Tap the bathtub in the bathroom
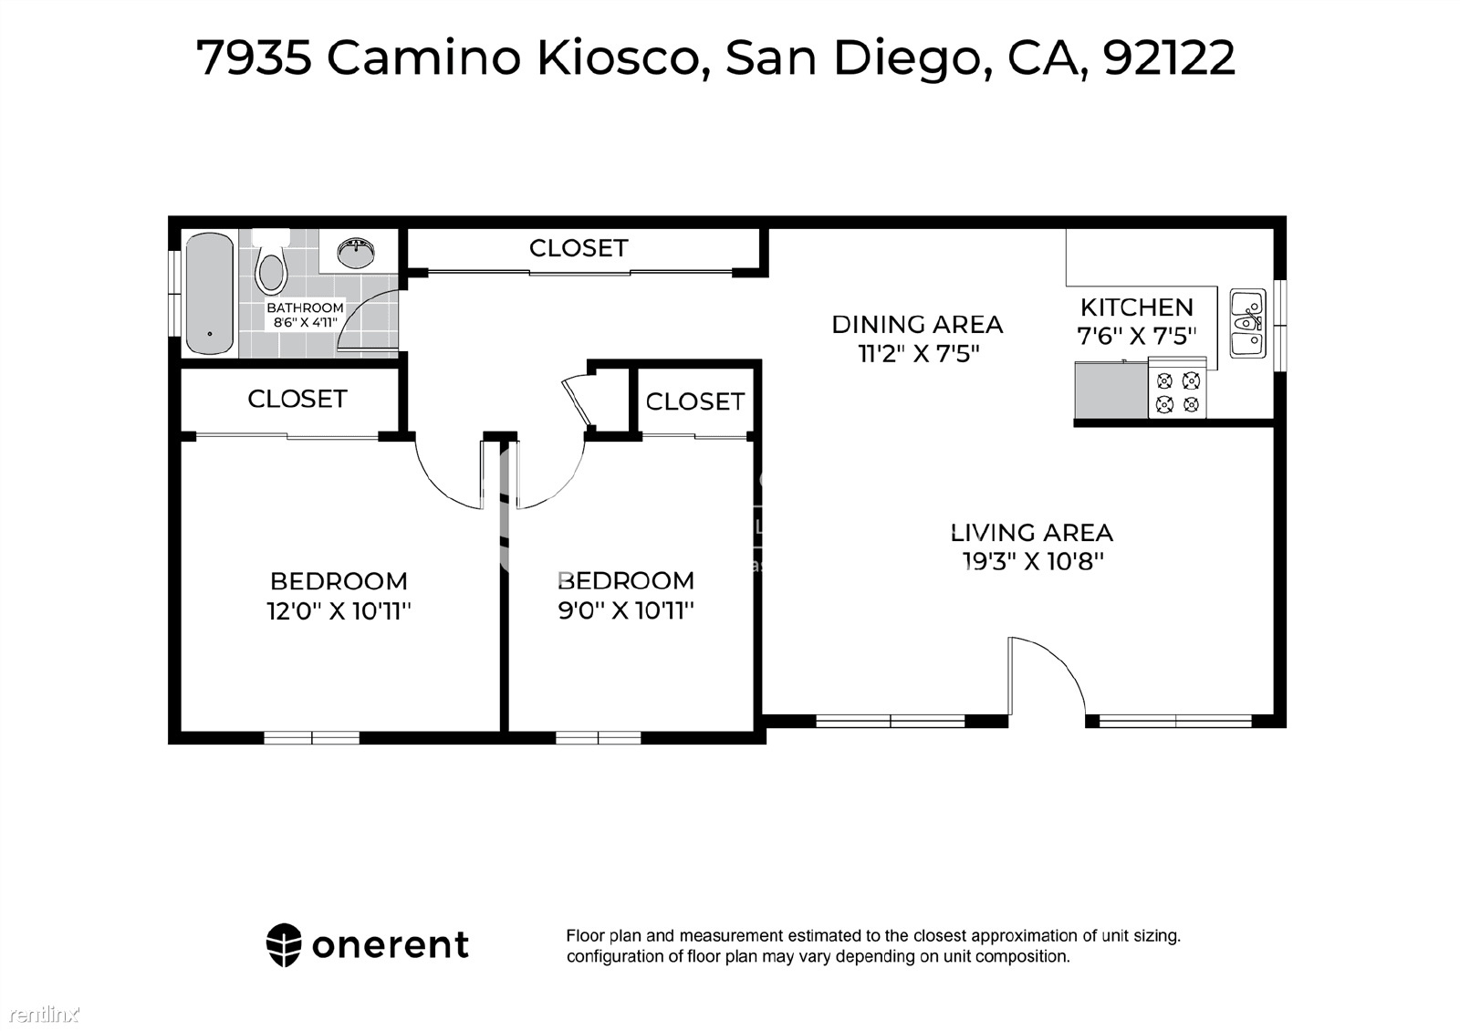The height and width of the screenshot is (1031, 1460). pyautogui.click(x=209, y=294)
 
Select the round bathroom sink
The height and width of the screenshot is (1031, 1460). pyautogui.click(x=356, y=253)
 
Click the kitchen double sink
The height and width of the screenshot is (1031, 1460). pyautogui.click(x=1247, y=324)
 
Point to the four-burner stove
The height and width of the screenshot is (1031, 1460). pyautogui.click(x=1177, y=389)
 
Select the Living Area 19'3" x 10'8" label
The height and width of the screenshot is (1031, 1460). pyautogui.click(x=1032, y=547)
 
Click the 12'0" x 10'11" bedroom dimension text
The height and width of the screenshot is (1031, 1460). pyautogui.click(x=339, y=611)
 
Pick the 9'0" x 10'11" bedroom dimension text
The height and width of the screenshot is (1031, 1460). pyautogui.click(x=626, y=610)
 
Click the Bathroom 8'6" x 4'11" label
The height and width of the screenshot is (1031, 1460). pyautogui.click(x=305, y=315)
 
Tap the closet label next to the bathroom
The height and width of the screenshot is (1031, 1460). pyautogui.click(x=579, y=248)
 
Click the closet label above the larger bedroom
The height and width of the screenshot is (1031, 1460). pyautogui.click(x=297, y=399)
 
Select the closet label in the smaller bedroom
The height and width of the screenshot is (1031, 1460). pyautogui.click(x=694, y=401)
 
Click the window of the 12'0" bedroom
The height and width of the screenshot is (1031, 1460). pyautogui.click(x=311, y=738)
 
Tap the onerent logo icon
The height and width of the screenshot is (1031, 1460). pyautogui.click(x=284, y=945)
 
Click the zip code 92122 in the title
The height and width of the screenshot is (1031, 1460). pyautogui.click(x=1169, y=57)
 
